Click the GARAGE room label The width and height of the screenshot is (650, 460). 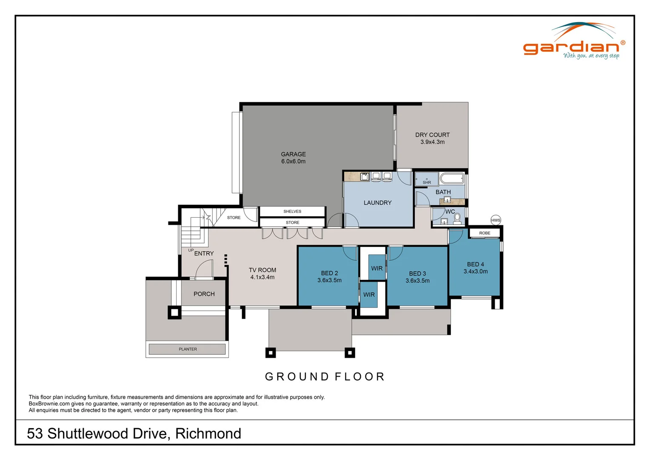(x=293, y=154)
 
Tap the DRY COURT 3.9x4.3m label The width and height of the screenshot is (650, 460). (x=432, y=138)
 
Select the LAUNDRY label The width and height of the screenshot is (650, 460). (x=377, y=203)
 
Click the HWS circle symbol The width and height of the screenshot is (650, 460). (x=496, y=220)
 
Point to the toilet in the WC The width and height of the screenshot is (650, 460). (x=457, y=219)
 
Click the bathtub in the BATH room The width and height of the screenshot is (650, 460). (x=451, y=178)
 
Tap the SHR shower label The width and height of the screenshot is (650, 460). (x=427, y=182)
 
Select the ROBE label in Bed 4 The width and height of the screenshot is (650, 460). (x=485, y=233)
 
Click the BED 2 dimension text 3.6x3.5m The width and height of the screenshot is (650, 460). (x=329, y=280)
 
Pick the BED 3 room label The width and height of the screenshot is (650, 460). (x=417, y=273)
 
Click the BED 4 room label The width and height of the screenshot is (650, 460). (x=475, y=264)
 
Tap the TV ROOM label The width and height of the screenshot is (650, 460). (x=262, y=270)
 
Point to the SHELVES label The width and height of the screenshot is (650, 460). (x=292, y=211)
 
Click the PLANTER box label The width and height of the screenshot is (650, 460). (x=188, y=349)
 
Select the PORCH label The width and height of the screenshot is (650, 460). (x=204, y=294)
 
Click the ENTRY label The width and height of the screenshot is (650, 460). (x=204, y=253)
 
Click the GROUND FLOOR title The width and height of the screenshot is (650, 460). (x=325, y=377)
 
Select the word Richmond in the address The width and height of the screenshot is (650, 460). (x=208, y=434)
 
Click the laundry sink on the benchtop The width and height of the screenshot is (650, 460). (x=365, y=176)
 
